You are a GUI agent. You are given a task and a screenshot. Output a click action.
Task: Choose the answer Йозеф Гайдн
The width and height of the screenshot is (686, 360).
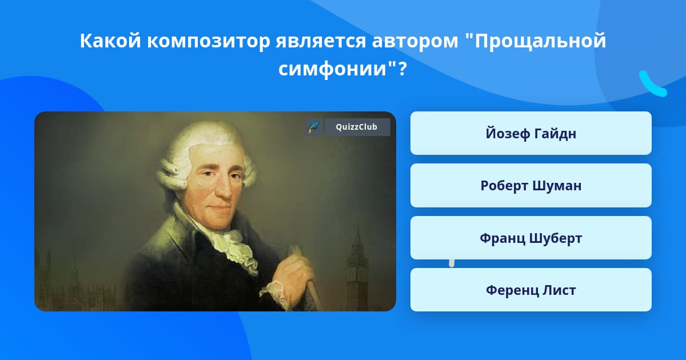coord(531,133)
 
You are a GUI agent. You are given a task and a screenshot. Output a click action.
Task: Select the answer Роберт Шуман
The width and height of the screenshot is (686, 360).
coord(531,186)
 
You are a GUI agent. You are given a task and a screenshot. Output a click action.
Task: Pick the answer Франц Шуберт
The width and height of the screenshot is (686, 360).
coord(531,238)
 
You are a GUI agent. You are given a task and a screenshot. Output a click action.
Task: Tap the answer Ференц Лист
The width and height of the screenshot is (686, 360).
coord(531,290)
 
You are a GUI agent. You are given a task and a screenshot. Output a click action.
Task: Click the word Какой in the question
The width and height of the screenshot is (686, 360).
coord(110,41)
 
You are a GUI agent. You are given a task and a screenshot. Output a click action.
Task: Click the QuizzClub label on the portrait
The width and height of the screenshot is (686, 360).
coord(357,127)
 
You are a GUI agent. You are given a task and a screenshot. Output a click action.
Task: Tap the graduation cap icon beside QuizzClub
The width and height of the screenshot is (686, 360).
coord(314,127)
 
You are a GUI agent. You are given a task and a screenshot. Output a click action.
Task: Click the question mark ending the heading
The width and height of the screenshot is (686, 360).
coord(402,69)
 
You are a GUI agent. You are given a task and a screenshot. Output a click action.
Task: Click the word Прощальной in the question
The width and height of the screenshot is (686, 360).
coord(541,41)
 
